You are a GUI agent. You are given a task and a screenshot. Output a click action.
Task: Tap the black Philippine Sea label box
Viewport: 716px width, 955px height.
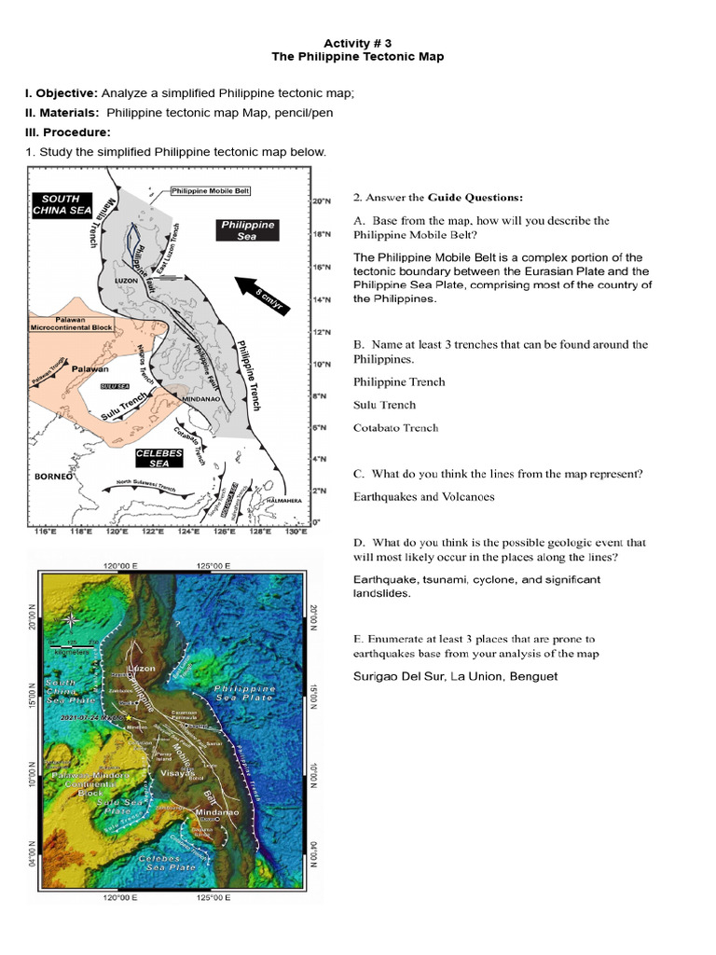click(247, 230)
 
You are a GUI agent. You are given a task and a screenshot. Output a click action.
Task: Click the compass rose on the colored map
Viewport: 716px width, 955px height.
click(70, 620)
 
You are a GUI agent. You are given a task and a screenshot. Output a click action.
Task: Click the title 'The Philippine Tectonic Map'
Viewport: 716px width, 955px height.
click(357, 57)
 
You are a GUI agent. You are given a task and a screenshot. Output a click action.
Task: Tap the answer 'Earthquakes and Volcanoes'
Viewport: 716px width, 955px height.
click(423, 497)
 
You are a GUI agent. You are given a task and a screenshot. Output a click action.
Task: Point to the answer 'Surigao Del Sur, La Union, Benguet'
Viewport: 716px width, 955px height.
click(455, 676)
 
